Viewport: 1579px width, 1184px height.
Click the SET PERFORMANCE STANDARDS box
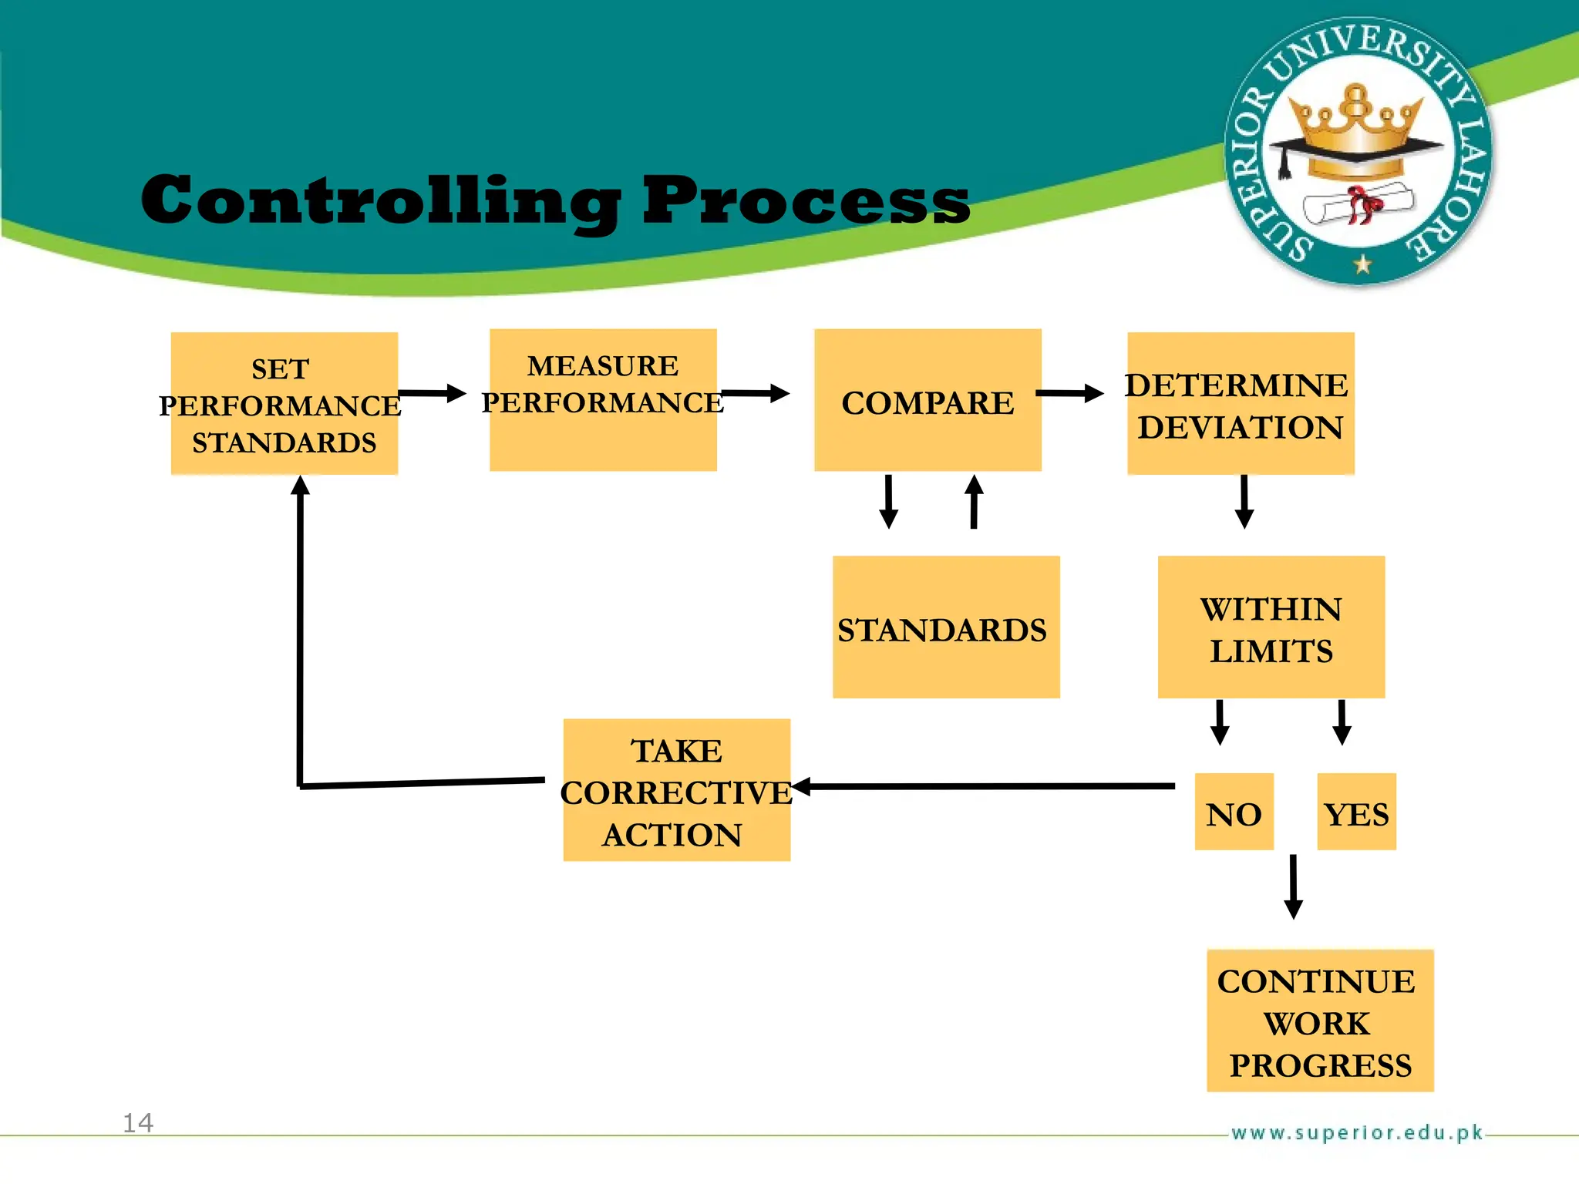tap(284, 404)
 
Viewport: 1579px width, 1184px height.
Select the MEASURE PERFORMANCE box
tap(603, 400)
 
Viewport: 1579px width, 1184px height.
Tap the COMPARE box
tap(928, 400)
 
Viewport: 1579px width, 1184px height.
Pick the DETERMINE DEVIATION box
tap(1240, 404)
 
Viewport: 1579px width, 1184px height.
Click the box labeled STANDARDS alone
tap(946, 627)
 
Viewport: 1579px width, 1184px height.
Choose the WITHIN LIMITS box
tap(1271, 627)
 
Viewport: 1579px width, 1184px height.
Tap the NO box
tap(1234, 812)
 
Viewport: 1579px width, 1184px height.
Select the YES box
tap(1356, 812)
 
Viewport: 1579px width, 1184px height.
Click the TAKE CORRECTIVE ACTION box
tap(676, 790)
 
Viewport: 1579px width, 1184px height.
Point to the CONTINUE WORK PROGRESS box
tap(1319, 1021)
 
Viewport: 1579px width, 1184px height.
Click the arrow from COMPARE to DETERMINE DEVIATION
tap(1070, 393)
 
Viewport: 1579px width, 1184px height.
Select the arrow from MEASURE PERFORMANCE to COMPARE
tap(754, 393)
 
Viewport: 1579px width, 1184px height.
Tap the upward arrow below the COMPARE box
tap(974, 502)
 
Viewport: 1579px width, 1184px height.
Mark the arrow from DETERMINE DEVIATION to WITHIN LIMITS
tap(1244, 502)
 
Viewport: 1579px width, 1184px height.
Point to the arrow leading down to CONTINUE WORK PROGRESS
tap(1293, 886)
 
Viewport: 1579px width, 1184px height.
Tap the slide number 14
tap(138, 1123)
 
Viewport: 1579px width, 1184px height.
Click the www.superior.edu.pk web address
tap(1356, 1132)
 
